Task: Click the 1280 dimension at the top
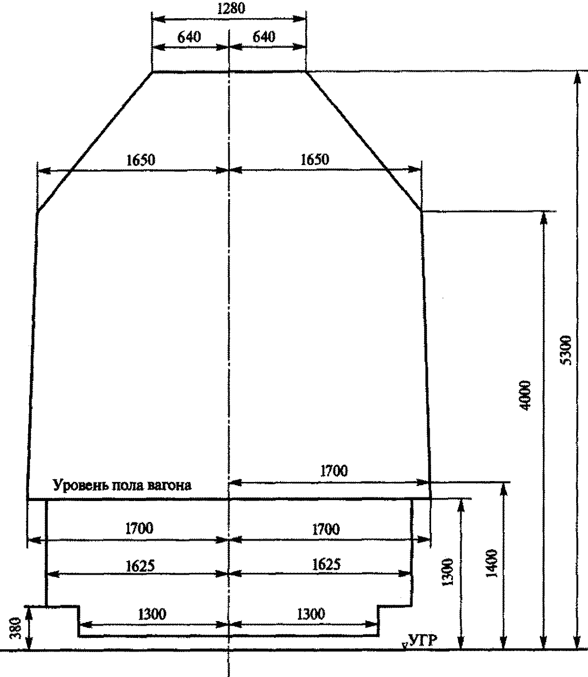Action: tap(231, 9)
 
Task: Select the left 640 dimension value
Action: tap(189, 37)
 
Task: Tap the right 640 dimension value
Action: tap(264, 37)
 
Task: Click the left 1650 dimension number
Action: tap(141, 160)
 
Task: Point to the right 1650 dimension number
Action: tap(315, 160)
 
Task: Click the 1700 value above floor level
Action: tap(334, 471)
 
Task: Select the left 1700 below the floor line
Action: tap(139, 528)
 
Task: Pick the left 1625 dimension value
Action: tap(141, 566)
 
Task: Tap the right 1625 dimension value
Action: tap(326, 565)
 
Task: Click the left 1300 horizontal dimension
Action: tap(152, 614)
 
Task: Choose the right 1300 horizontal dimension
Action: tap(311, 614)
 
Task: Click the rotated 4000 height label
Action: tap(525, 396)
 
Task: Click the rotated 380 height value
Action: tap(15, 628)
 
